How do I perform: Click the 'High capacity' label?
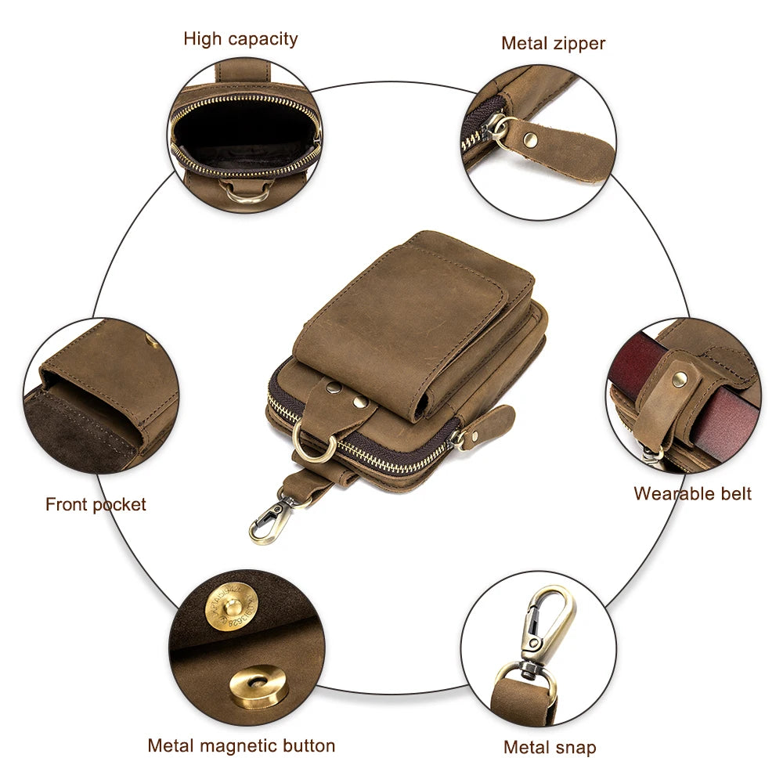tap(240, 38)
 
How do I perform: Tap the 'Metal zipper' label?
tap(553, 43)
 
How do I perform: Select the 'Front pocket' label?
tap(96, 504)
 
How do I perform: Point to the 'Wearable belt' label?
tap(692, 493)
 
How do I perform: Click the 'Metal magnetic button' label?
tap(241, 745)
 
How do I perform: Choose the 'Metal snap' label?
tap(550, 747)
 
